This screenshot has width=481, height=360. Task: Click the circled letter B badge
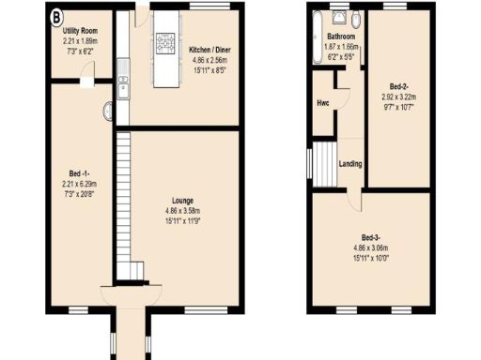click(x=56, y=16)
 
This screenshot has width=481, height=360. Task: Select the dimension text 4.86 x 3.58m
click(x=182, y=211)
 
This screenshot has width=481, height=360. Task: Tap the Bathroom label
click(x=333, y=37)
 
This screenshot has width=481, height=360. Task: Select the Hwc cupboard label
click(x=323, y=102)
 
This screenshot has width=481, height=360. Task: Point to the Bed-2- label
click(x=399, y=85)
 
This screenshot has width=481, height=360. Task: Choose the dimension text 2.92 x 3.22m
click(x=400, y=96)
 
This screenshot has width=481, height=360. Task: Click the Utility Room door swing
click(x=86, y=83)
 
